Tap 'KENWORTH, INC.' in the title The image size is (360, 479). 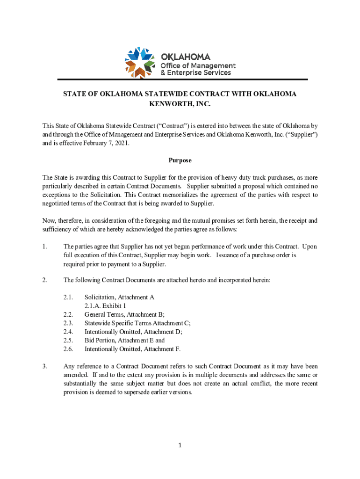pyautogui.click(x=180, y=104)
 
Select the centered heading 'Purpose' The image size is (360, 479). pyautogui.click(x=180, y=160)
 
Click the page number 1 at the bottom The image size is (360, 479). pyautogui.click(x=180, y=445)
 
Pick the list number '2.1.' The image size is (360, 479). pyautogui.click(x=68, y=297)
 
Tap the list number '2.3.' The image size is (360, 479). pyautogui.click(x=68, y=323)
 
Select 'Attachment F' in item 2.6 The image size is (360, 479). pyautogui.click(x=162, y=349)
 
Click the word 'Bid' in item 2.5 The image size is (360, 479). pyautogui.click(x=89, y=340)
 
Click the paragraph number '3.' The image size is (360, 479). pyautogui.click(x=44, y=366)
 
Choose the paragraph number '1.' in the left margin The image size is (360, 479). pyautogui.click(x=44, y=246)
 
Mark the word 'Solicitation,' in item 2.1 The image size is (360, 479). pyautogui.click(x=100, y=297)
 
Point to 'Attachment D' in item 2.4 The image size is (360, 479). pyautogui.click(x=162, y=332)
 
